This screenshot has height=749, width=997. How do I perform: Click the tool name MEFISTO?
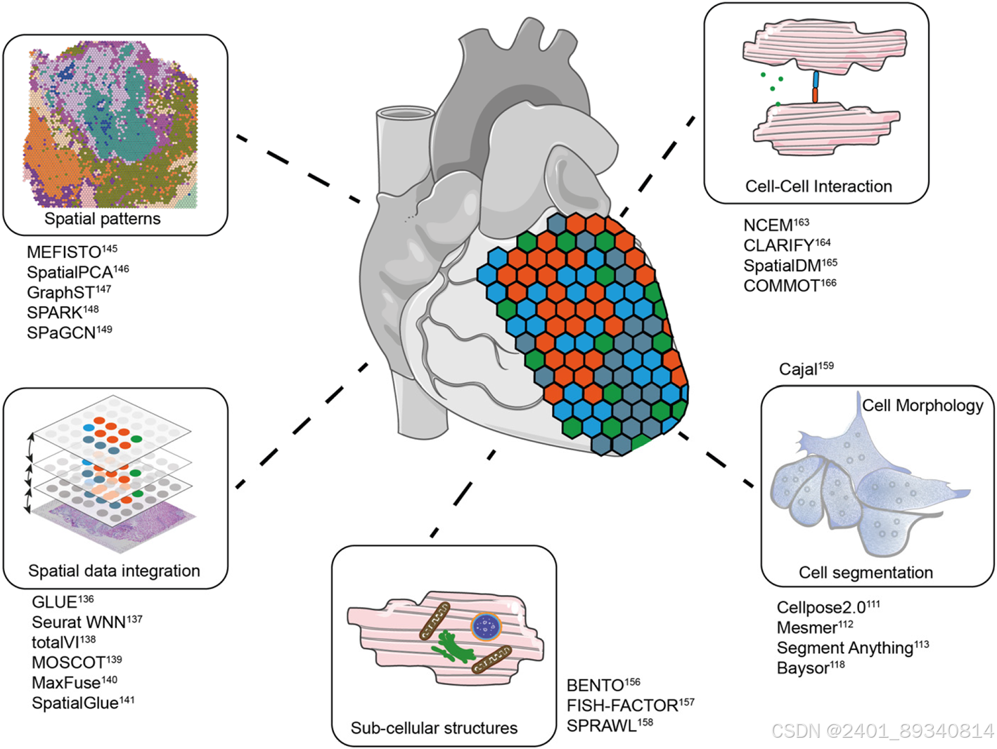click(64, 252)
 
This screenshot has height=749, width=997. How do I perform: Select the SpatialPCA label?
click(70, 273)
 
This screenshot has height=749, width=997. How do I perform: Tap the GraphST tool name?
click(60, 292)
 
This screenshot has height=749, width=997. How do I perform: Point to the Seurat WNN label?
click(79, 623)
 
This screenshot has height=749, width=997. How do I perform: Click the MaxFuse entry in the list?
click(66, 683)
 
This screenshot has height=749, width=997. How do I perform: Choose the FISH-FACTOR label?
click(622, 705)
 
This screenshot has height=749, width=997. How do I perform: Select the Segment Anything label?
click(844, 648)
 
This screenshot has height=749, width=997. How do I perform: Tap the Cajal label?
click(798, 370)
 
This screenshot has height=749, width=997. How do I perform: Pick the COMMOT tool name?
click(781, 286)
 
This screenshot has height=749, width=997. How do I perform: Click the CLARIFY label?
click(779, 246)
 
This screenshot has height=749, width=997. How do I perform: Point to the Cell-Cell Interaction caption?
click(818, 187)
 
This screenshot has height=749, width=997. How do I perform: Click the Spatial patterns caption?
click(103, 219)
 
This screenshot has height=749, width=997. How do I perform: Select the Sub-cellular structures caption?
click(434, 728)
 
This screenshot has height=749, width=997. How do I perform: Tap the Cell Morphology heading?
click(922, 405)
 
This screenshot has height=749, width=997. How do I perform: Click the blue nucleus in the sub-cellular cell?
click(485, 627)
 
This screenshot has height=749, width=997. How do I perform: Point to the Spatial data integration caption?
click(114, 571)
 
